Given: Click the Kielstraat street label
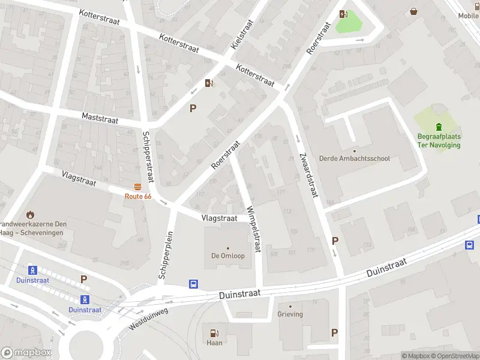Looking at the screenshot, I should point(242,34).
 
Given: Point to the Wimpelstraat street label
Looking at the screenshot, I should point(254,229).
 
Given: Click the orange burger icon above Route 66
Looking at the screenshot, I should point(138,187).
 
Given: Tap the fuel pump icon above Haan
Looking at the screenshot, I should point(214,333).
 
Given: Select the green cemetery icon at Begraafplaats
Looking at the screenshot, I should point(439,127).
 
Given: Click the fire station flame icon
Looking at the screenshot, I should point(30,214).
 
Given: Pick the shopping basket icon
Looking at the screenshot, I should point(414,11).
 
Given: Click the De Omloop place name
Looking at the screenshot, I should point(227,256).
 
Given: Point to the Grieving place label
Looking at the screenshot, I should point(290,314).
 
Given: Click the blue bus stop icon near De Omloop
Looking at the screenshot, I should point(194,284).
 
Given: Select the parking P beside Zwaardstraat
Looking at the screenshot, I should point(335,241).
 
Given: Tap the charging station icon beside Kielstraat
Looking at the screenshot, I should point(208,83).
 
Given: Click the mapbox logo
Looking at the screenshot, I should point(26,352).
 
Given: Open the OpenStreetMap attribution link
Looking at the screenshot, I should point(453,356).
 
